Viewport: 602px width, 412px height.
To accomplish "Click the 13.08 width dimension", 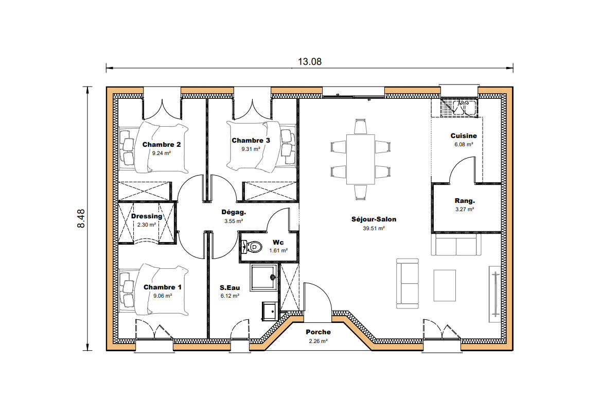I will [309, 62].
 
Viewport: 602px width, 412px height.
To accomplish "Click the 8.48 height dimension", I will [81, 218].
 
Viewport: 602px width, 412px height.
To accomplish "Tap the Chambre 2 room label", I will [161, 144].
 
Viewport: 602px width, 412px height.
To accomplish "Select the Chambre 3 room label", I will [251, 140].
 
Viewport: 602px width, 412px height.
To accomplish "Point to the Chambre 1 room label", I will [162, 287].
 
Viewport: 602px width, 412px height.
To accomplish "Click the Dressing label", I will [147, 216].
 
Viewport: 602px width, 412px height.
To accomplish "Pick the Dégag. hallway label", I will [234, 212].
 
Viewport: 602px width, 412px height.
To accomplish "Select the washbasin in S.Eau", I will [269, 311].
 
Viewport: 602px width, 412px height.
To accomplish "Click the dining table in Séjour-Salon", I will [360, 159].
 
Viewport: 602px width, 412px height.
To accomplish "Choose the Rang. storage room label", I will [465, 200].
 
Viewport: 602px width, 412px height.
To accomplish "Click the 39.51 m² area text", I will [374, 228].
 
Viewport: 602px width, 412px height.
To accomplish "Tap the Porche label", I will [318, 332].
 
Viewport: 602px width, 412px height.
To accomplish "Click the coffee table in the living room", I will [445, 285].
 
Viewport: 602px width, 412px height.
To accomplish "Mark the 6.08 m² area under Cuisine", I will [464, 145].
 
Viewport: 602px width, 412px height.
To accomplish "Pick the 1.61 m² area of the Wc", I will [278, 251].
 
